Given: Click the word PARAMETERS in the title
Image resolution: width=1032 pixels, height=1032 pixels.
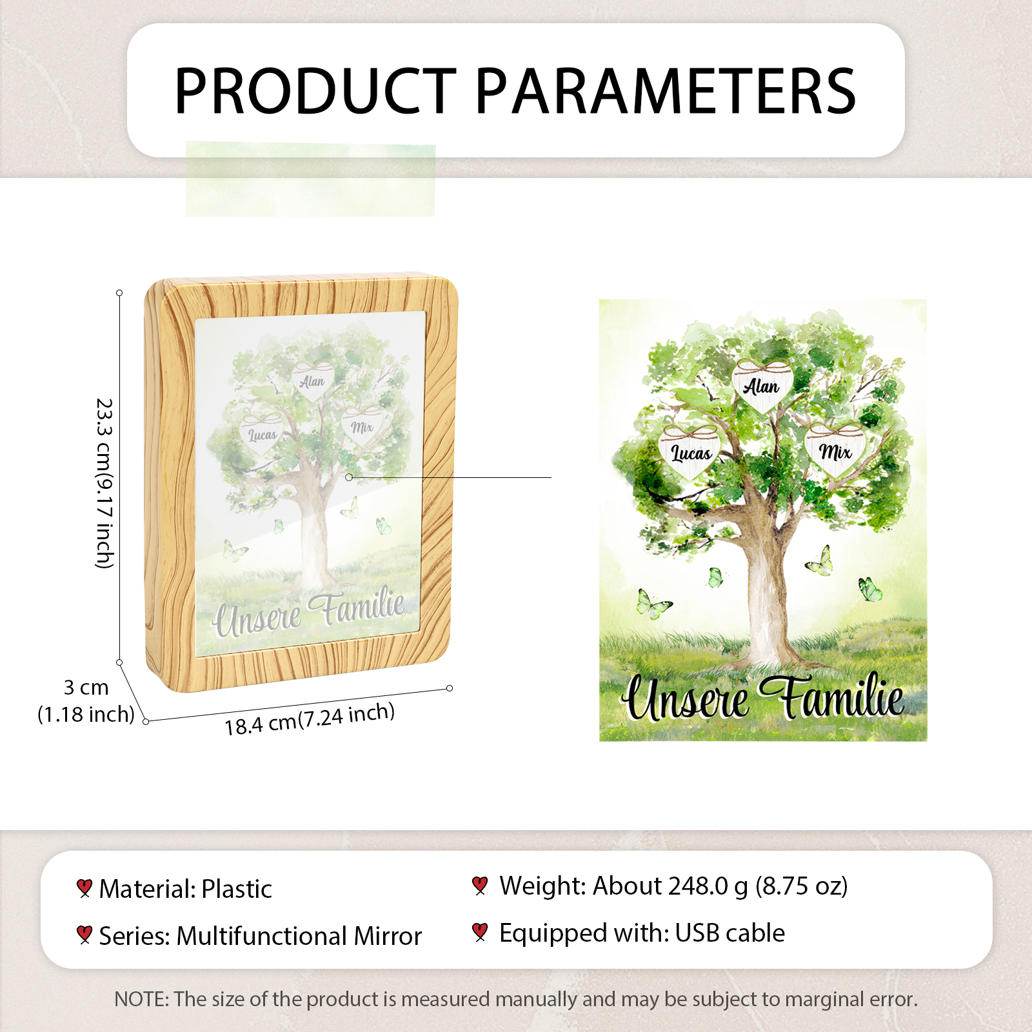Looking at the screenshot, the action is click(x=666, y=91).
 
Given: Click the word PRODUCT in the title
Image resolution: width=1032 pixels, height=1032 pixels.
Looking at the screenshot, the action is click(x=315, y=91).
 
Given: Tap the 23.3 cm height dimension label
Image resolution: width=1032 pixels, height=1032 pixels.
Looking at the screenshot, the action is click(x=104, y=483).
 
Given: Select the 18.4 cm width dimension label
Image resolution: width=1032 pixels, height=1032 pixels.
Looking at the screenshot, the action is click(x=310, y=719).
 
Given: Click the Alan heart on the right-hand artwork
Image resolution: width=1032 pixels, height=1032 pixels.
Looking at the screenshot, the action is click(x=763, y=386).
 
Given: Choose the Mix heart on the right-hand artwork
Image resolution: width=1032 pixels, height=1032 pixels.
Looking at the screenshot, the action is click(x=835, y=451).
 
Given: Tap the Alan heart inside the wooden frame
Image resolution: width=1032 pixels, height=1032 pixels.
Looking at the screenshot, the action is click(x=313, y=381).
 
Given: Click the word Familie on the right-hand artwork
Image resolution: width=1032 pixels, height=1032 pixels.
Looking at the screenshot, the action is click(x=832, y=696).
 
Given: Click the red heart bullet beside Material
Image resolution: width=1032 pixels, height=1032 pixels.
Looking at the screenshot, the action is click(x=84, y=888).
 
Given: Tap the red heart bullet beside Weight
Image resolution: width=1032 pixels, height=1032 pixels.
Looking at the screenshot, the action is click(x=479, y=886).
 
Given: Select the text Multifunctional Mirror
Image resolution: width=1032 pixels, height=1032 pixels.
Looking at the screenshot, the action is click(x=299, y=936).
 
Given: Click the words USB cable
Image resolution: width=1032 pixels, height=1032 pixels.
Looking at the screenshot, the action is click(x=730, y=933).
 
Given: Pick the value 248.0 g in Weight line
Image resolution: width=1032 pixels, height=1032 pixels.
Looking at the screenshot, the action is click(x=708, y=886).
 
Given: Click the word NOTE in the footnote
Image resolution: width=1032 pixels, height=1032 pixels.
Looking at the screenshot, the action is click(x=141, y=999).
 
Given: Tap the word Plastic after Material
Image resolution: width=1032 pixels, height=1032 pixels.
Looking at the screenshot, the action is click(x=237, y=889).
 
